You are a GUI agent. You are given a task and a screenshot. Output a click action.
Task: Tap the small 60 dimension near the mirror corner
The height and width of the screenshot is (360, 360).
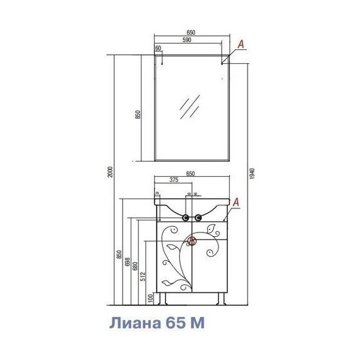pyautogui.click(x=158, y=47)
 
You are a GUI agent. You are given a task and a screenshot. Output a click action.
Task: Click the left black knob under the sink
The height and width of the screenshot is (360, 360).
pyautogui.click(x=186, y=219)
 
